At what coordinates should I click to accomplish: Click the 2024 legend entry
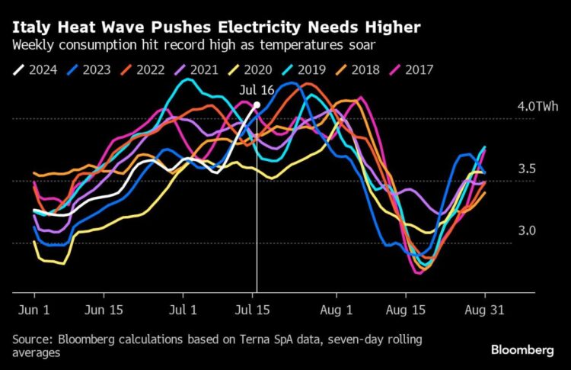pyautogui.click(x=35, y=69)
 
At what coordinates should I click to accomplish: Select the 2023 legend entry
pyautogui.click(x=89, y=69)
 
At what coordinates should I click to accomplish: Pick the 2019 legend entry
pyautogui.click(x=304, y=69)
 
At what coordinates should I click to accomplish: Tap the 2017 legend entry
pyautogui.click(x=411, y=69)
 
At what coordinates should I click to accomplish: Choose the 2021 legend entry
pyautogui.click(x=196, y=69)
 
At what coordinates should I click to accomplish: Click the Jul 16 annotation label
pyautogui.click(x=257, y=90)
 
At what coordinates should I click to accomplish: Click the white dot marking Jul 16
pyautogui.click(x=257, y=105)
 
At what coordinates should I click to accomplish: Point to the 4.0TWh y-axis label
pyautogui.click(x=538, y=106)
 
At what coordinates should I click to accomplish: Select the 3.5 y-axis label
pyautogui.click(x=527, y=169)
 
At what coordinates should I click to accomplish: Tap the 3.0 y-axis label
pyautogui.click(x=527, y=230)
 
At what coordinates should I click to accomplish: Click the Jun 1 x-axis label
pyautogui.click(x=33, y=310)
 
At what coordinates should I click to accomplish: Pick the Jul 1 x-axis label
pyautogui.click(x=183, y=310)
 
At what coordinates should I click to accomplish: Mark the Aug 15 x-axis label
pyautogui.click(x=405, y=310)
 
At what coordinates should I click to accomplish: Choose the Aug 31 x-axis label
pyautogui.click(x=484, y=310)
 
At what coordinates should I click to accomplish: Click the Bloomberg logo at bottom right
pyautogui.click(x=522, y=350)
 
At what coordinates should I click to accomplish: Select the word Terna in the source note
pyautogui.click(x=254, y=339)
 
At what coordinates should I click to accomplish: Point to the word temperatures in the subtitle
pyautogui.click(x=301, y=45)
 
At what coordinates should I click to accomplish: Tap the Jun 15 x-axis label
pyautogui.click(x=104, y=310)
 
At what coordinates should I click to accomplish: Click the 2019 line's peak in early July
pyautogui.click(x=187, y=79)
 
